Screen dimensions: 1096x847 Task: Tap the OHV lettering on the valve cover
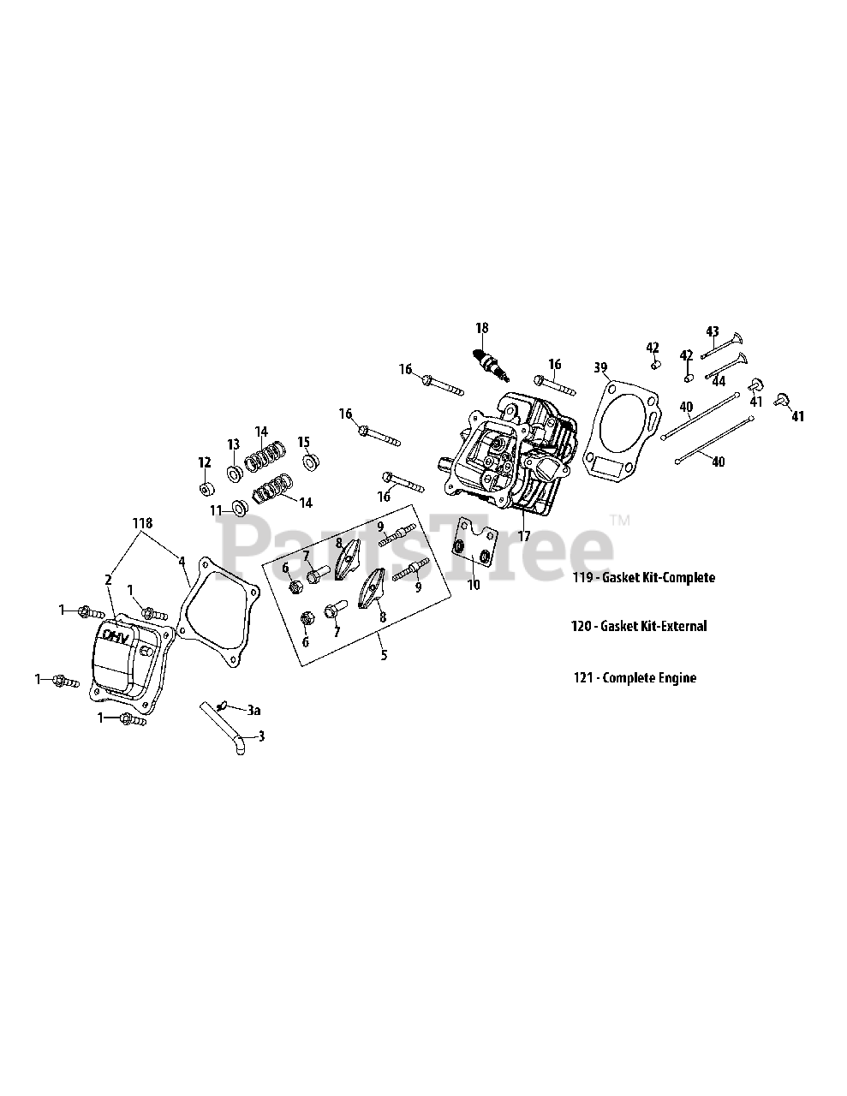click(x=116, y=635)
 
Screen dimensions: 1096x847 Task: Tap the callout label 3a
click(x=254, y=710)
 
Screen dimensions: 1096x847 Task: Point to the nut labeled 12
click(x=205, y=490)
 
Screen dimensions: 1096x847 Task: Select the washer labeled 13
click(x=233, y=473)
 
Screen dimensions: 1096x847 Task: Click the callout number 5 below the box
click(x=384, y=656)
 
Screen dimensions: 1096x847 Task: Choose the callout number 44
click(x=719, y=381)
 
